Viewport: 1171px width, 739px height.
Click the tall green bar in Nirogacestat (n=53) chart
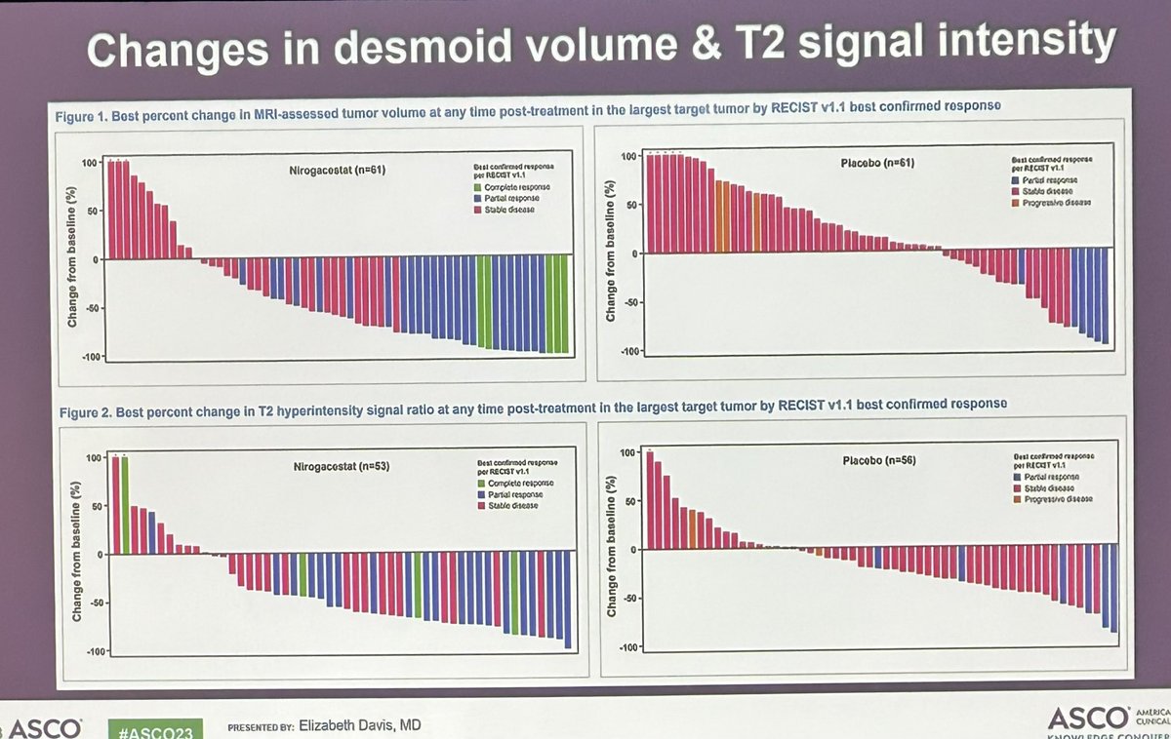(x=124, y=503)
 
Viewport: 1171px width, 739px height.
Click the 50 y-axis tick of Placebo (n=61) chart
(x=630, y=205)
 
